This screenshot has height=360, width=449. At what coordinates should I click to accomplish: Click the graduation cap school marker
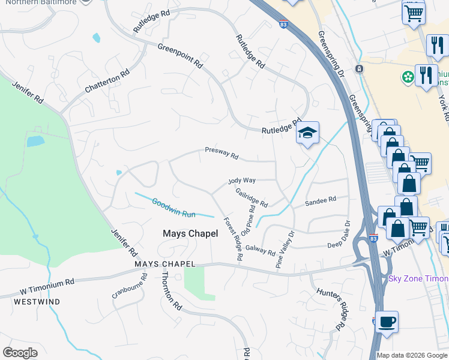tap(307, 134)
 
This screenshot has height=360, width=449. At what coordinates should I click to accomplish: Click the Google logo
tap(20, 353)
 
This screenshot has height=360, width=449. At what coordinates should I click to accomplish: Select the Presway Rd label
tap(221, 154)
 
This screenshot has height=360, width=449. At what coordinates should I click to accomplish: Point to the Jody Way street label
tap(242, 180)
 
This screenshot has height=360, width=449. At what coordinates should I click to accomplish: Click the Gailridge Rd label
tap(252, 196)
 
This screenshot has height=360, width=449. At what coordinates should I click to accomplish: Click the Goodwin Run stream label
tap(173, 208)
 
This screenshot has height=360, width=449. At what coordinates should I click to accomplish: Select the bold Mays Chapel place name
tap(191, 233)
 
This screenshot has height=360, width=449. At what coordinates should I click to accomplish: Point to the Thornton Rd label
tap(171, 289)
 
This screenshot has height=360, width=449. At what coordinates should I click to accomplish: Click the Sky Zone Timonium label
tap(418, 278)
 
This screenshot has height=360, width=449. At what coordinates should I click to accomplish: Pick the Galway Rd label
tap(260, 250)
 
